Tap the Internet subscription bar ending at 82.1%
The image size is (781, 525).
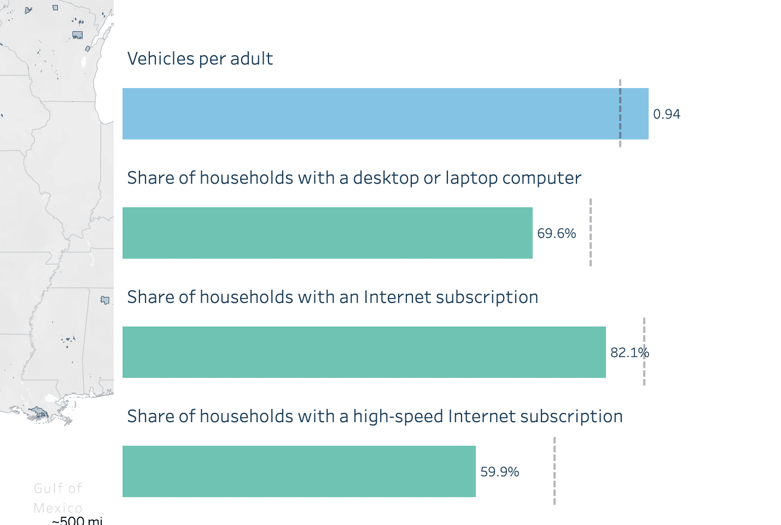[x=364, y=352]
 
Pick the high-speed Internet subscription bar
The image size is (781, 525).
[x=299, y=471]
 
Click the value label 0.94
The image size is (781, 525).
[x=667, y=114]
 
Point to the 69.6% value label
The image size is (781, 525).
[x=556, y=234]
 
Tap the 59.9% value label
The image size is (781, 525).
[x=499, y=472]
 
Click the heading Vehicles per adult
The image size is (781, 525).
[x=200, y=59]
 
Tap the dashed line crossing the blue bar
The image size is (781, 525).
[x=620, y=114]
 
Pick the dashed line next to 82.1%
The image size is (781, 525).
[x=644, y=372]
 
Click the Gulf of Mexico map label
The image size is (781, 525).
[x=57, y=498]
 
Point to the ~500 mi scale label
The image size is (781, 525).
[x=77, y=520]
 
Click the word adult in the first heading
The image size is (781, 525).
[x=251, y=59]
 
